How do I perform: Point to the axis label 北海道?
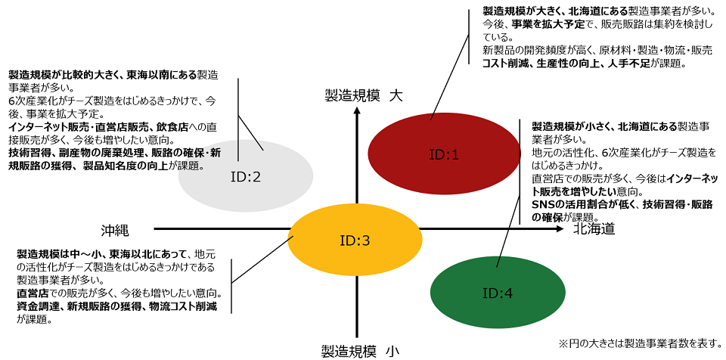click(593, 228)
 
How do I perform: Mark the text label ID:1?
click(444, 154)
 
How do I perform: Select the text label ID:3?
click(355, 241)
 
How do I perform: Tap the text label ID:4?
click(497, 293)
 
